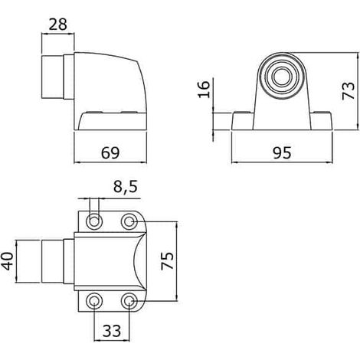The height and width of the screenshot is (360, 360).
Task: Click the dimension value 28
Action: [x=57, y=25]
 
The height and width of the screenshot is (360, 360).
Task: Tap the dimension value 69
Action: [x=110, y=152]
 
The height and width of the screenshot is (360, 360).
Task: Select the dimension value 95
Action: [x=282, y=152]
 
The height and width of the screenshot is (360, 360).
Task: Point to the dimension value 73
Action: [x=349, y=90]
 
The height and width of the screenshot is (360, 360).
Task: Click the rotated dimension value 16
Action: [x=204, y=89]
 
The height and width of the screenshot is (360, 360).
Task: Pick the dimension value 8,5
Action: [x=126, y=187]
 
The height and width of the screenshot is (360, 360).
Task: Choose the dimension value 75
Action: [x=168, y=260]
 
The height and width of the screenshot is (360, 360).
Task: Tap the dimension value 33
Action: [x=112, y=331]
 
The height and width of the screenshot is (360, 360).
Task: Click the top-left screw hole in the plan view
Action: [x=94, y=221]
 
